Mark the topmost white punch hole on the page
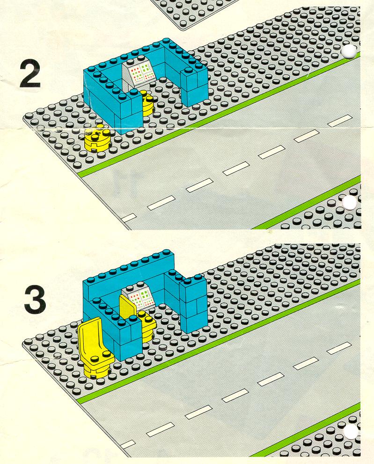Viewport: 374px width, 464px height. pos(349,51)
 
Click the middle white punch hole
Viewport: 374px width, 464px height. pos(349,203)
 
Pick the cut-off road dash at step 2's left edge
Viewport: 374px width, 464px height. pos(129,218)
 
